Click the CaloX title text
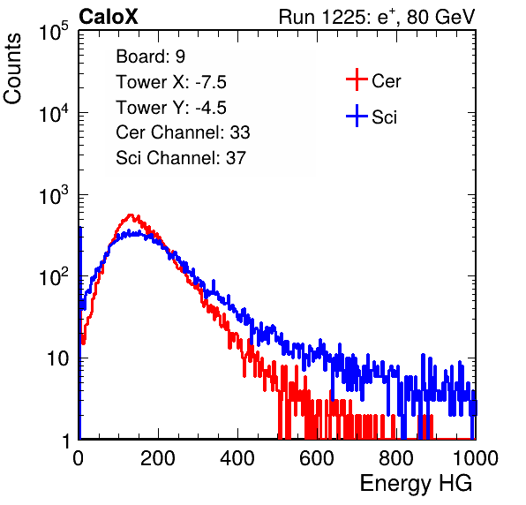(x=109, y=17)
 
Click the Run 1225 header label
(x=377, y=17)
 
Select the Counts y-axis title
(x=12, y=69)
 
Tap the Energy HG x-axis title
(x=416, y=484)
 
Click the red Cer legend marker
(x=357, y=79)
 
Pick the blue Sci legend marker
(x=357, y=116)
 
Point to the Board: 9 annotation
(x=150, y=57)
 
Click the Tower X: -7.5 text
(x=171, y=82)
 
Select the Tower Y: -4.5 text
(x=171, y=108)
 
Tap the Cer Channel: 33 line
(x=183, y=132)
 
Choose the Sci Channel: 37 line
(x=181, y=158)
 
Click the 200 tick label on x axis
(x=158, y=458)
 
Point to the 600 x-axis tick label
(x=316, y=458)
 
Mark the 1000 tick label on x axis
(x=476, y=458)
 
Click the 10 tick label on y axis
(x=57, y=359)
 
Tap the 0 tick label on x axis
(x=78, y=458)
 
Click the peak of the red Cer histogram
(x=131, y=215)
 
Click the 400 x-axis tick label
(x=237, y=458)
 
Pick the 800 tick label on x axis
(x=396, y=458)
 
